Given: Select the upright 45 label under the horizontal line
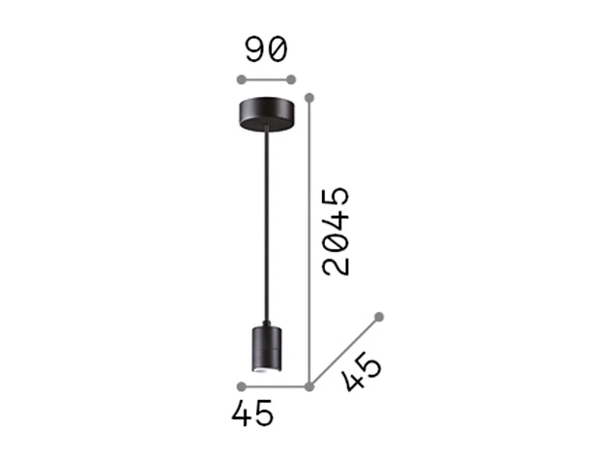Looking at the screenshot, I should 253,413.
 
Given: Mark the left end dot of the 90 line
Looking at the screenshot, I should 240,80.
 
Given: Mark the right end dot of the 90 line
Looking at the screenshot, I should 291,80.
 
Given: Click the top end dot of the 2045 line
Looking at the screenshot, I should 309,97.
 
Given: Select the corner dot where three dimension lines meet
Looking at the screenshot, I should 309,387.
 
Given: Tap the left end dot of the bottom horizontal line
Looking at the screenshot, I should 240,387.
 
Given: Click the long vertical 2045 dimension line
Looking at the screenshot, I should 309,238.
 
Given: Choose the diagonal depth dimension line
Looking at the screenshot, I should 344,352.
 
